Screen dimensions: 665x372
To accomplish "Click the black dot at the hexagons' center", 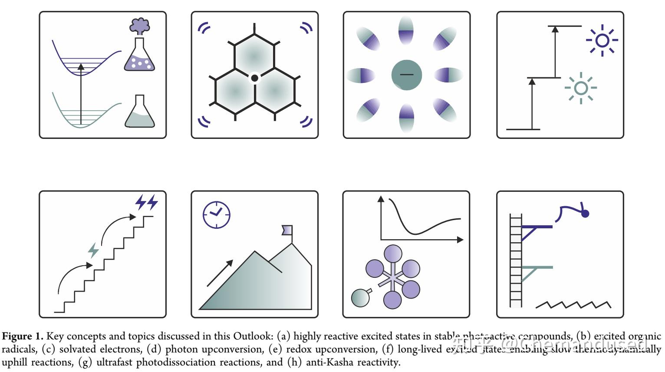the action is (x=255, y=78).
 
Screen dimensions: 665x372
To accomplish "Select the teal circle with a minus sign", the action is (x=406, y=75).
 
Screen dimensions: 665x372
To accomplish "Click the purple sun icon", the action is (x=602, y=40).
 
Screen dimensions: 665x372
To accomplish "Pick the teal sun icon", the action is (x=580, y=88).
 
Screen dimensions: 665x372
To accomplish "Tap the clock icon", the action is (x=216, y=214).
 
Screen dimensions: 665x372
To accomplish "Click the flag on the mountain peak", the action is (x=287, y=230).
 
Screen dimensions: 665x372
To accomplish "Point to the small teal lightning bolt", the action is (x=93, y=250).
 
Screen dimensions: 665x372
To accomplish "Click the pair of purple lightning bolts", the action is (x=146, y=202).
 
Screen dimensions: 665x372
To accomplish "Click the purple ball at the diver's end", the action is (x=585, y=213).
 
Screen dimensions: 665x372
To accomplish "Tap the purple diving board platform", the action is (x=537, y=227).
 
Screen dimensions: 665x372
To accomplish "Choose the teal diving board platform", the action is (x=537, y=268).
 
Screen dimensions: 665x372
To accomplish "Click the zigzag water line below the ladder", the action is (x=573, y=305).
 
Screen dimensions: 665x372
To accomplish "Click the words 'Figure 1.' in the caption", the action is (x=23, y=336).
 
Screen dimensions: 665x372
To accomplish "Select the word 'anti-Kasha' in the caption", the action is (x=329, y=362).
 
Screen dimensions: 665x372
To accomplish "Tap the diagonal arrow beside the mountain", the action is (x=220, y=273).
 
